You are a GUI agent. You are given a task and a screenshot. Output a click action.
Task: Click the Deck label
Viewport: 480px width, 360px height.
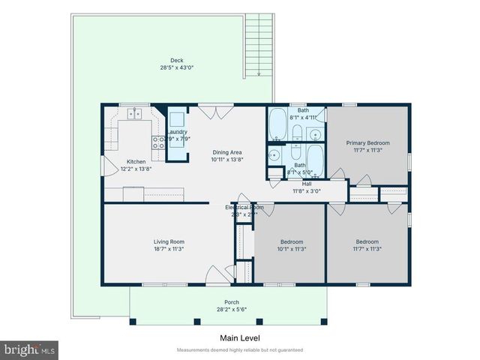point(177,61)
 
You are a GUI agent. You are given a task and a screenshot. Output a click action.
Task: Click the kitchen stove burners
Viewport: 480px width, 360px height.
point(158,142)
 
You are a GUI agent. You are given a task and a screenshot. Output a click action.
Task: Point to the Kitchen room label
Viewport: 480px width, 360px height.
point(136,162)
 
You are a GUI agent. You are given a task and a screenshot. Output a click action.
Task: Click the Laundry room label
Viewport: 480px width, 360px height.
point(177,132)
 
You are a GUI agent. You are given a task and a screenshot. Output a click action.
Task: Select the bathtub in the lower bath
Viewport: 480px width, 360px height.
point(316,158)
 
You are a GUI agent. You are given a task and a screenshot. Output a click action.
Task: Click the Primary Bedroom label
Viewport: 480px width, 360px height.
point(367,142)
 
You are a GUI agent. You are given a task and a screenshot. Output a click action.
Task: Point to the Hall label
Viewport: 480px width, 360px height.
point(307,184)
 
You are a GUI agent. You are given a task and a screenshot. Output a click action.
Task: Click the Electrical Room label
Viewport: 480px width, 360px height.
point(244,207)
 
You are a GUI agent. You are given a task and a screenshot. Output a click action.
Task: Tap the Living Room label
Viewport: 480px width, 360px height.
point(169,241)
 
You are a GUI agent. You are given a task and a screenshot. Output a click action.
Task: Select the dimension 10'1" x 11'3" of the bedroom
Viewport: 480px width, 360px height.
point(292,249)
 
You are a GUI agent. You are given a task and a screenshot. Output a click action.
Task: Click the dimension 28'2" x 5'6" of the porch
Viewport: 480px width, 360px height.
point(231,308)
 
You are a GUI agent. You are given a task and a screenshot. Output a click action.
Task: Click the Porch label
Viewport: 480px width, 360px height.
point(231,301)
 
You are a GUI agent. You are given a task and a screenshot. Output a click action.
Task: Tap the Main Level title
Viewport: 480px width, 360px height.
point(240,337)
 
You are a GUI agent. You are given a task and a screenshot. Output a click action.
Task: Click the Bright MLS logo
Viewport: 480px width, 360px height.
point(30,350)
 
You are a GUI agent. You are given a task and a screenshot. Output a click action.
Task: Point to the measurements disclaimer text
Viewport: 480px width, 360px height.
point(240,350)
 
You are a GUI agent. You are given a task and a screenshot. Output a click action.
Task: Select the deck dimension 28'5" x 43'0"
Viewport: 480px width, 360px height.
point(177,68)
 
